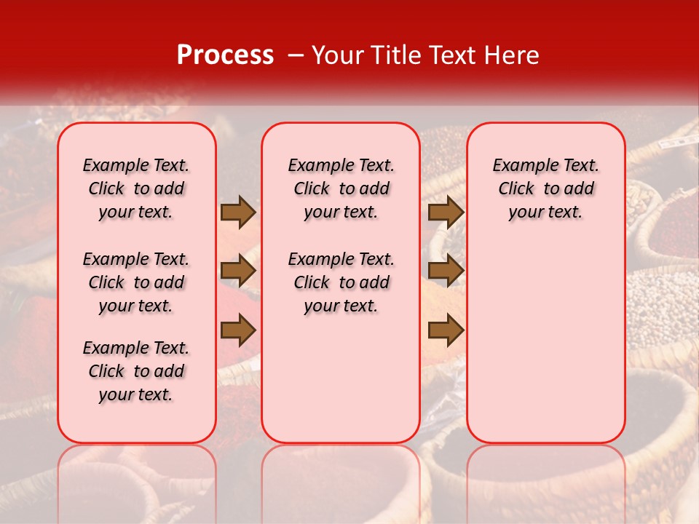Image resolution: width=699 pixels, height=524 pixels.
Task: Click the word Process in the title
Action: coord(225,55)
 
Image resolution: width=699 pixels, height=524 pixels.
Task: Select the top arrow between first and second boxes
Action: coord(238,213)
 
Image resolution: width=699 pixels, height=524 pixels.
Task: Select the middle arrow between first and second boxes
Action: coord(238,271)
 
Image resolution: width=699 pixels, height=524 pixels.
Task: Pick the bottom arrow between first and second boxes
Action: coord(238,331)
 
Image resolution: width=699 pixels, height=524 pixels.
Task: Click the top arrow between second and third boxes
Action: coord(446,213)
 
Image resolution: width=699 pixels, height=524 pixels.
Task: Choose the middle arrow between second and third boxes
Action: coord(446,271)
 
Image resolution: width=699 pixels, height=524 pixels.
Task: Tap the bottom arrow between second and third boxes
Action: coord(446,331)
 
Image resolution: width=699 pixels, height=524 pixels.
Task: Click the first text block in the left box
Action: coord(136,188)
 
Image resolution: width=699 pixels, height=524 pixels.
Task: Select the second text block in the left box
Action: coord(136,282)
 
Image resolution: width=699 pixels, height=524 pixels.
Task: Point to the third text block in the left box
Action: coord(136,371)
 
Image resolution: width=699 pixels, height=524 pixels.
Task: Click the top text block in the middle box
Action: coord(341,188)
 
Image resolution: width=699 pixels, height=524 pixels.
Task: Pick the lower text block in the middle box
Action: coord(341,282)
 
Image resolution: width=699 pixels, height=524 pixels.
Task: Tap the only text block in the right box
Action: coord(545,188)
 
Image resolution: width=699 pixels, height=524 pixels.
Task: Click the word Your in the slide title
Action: coord(336,55)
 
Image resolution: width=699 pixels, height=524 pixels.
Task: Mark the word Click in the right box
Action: coord(516,189)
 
